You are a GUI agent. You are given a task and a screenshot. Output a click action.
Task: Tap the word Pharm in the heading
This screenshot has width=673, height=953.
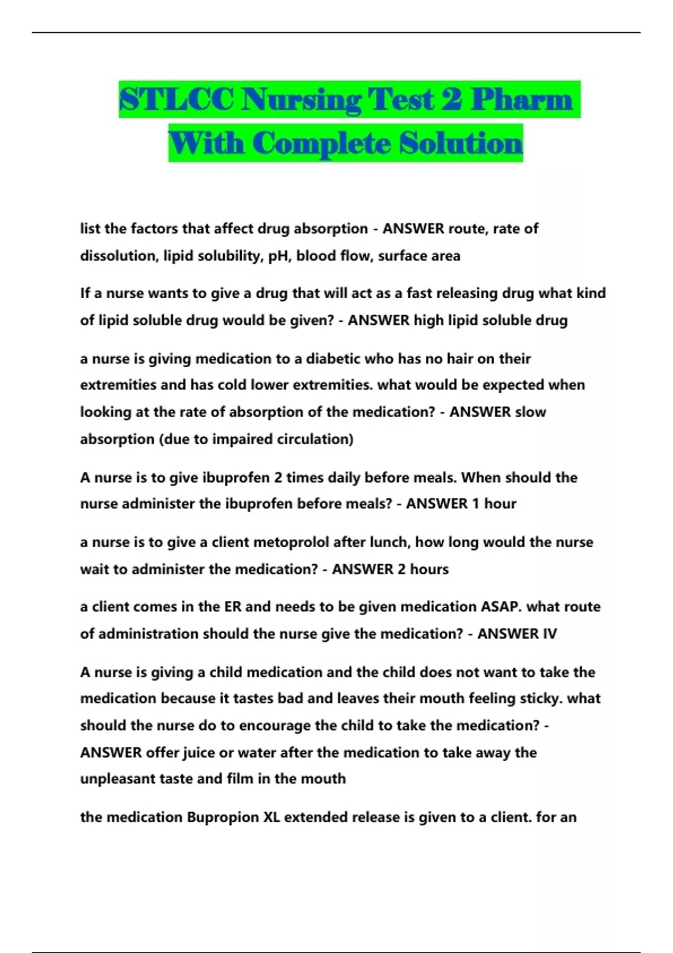[x=521, y=100]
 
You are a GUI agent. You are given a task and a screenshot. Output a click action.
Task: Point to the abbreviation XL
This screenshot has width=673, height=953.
[x=271, y=817]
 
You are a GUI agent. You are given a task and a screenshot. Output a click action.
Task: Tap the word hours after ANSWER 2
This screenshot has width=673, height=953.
[x=430, y=570]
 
